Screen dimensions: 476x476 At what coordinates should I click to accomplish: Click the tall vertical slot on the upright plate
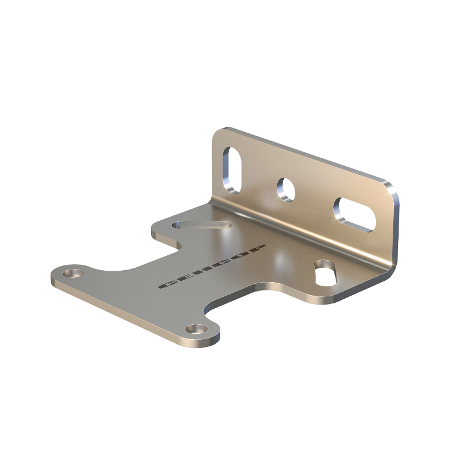pyautogui.click(x=232, y=170)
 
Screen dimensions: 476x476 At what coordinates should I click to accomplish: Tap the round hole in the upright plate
pyautogui.click(x=286, y=190)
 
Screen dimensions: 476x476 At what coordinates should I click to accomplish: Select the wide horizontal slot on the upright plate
pyautogui.click(x=355, y=215)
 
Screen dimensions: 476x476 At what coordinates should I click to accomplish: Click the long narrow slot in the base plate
pyautogui.click(x=202, y=225)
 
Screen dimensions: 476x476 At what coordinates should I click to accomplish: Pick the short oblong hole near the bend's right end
pyautogui.click(x=325, y=273)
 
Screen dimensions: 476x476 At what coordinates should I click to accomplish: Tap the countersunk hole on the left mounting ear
pyautogui.click(x=73, y=273)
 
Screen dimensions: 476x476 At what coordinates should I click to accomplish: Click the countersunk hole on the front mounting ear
pyautogui.click(x=196, y=329)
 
